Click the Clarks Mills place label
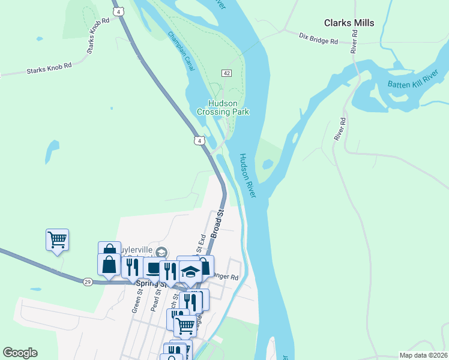[x=349, y=23]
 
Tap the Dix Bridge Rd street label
[x=319, y=38]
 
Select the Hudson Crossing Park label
[x=223, y=107]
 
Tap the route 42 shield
[x=226, y=73]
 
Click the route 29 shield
[x=88, y=281]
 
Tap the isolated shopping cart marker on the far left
[x=57, y=240]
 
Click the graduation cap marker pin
[x=191, y=271]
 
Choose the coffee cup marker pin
[x=154, y=268]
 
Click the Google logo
[x=20, y=353]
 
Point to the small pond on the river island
[x=267, y=164]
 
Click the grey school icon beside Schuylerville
[x=160, y=251]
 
